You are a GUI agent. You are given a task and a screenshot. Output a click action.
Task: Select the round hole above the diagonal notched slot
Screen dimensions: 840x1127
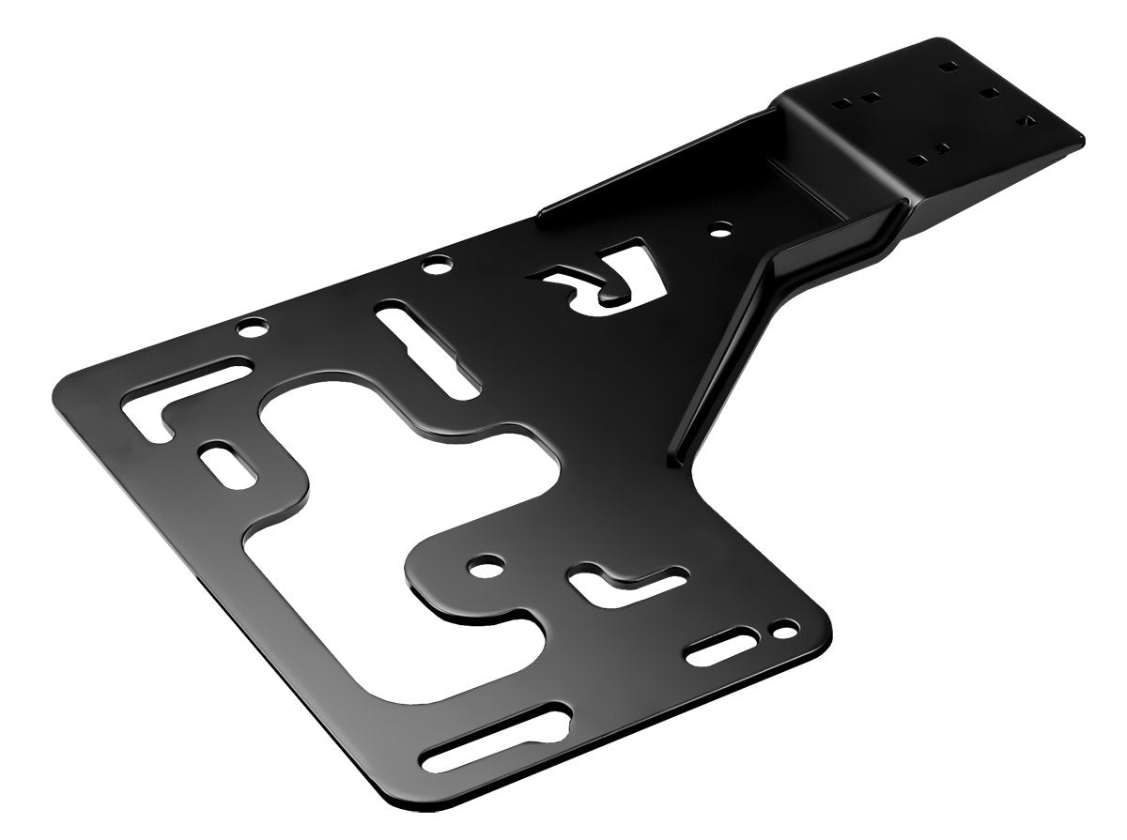point(435,267)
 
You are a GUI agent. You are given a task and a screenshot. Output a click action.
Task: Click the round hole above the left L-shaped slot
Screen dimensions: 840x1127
point(251,328)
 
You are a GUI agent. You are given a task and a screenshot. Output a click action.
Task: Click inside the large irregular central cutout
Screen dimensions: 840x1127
point(376,488)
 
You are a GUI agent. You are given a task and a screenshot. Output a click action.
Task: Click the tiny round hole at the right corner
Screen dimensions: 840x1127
point(777,628)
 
